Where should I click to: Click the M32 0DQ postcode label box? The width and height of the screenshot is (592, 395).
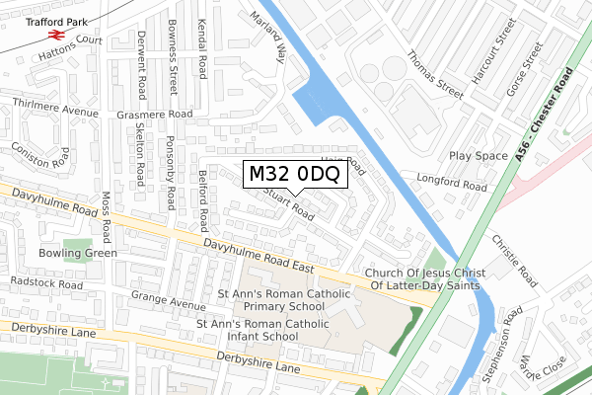tap(294, 174)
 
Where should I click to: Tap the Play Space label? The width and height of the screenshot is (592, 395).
tap(478, 156)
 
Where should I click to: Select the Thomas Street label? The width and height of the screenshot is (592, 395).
tap(435, 75)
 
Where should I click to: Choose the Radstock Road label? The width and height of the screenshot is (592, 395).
tap(48, 283)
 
